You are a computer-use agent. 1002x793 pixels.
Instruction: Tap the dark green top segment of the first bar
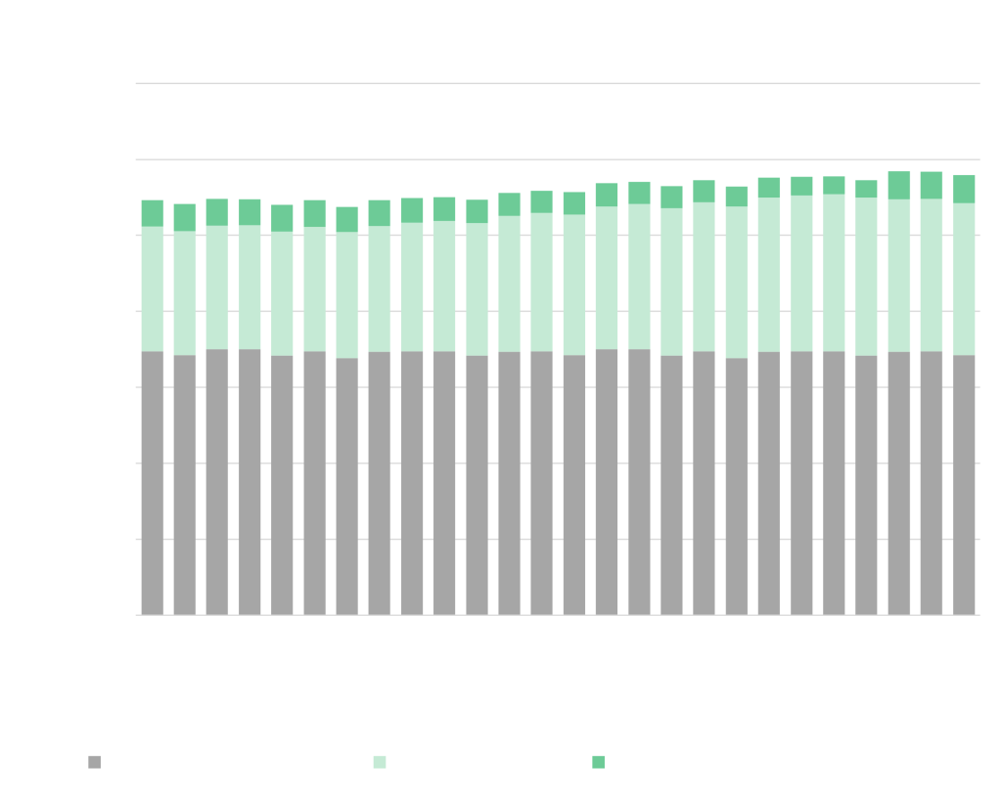[152, 213]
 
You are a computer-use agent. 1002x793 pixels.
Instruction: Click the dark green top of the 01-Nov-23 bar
[932, 185]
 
